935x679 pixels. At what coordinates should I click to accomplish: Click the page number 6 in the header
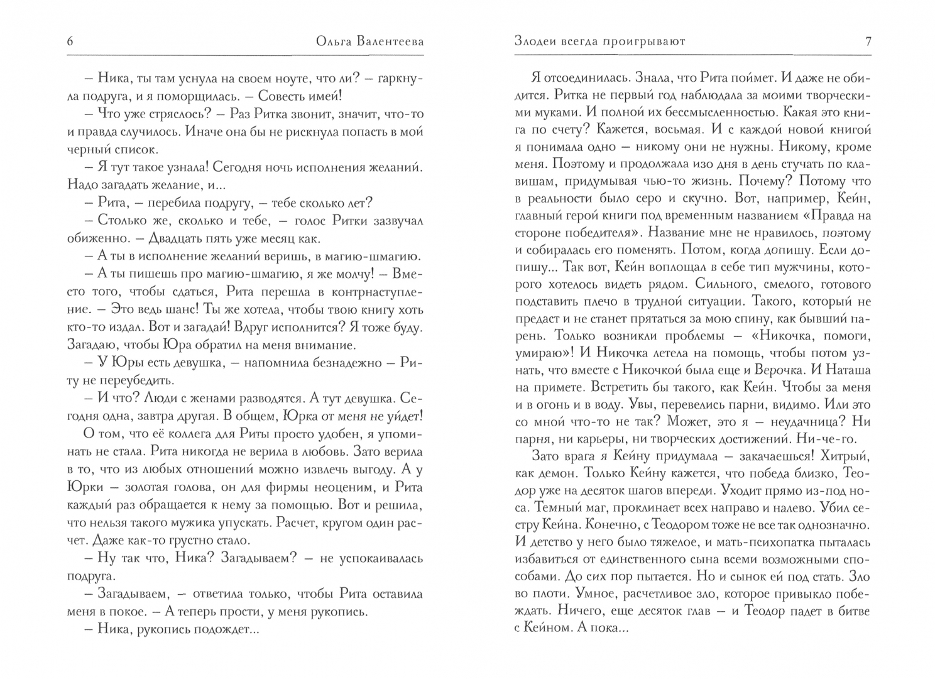[70, 42]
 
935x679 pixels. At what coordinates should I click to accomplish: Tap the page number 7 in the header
[868, 42]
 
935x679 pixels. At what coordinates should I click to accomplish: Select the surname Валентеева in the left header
[383, 42]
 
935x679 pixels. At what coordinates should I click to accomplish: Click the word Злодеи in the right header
[536, 42]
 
